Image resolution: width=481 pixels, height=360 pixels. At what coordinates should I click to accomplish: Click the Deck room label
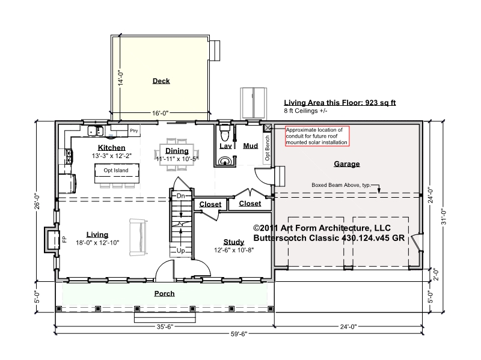161,81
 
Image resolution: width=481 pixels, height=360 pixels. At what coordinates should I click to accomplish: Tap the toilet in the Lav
225,132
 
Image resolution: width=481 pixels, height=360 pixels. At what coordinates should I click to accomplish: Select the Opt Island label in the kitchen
116,170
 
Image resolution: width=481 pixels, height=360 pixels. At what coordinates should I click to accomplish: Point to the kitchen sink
96,130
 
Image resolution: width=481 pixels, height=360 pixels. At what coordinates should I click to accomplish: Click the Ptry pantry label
134,130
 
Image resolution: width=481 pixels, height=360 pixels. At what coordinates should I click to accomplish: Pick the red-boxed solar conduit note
317,136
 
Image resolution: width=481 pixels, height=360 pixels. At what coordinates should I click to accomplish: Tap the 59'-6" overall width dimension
239,334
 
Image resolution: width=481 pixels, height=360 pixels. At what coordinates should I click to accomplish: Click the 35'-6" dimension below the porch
165,326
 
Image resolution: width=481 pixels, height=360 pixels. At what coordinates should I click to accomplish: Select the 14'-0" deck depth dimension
121,78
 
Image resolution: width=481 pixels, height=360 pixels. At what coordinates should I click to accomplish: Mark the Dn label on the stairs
181,196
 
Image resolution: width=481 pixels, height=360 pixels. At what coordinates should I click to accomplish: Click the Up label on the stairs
181,251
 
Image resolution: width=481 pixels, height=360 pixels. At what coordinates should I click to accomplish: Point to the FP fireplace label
64,239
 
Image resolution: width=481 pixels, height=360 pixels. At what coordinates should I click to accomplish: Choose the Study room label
234,242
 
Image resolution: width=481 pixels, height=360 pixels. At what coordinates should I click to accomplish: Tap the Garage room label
347,164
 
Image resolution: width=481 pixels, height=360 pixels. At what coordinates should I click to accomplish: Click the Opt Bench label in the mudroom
267,148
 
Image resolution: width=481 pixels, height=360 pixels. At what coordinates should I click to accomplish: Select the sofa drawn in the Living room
138,237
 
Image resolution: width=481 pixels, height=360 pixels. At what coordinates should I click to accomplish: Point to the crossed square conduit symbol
268,128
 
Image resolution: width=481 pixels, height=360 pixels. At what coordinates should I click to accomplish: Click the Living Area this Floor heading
340,103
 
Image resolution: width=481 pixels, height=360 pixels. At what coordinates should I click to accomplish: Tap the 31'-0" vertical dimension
444,217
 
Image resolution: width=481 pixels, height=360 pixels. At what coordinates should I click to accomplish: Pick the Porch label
164,293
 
